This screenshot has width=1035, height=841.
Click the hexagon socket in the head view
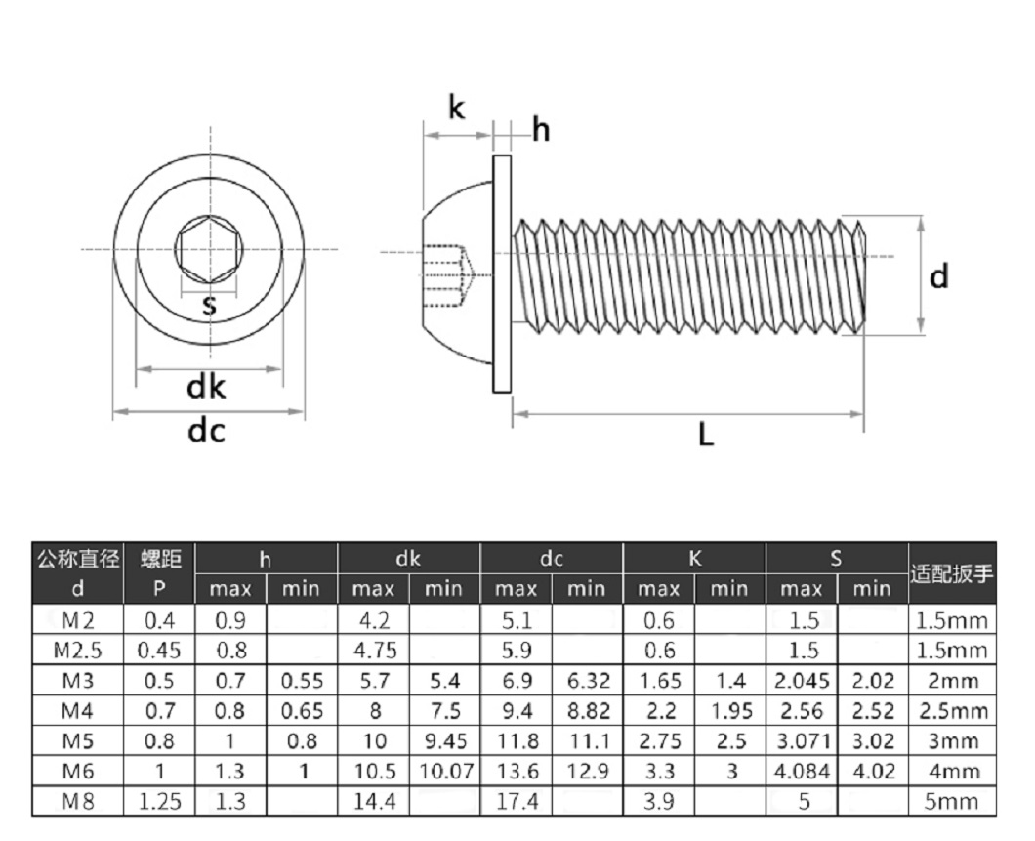click(x=208, y=251)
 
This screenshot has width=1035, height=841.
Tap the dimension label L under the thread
click(x=706, y=435)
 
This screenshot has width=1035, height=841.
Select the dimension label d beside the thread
click(x=938, y=277)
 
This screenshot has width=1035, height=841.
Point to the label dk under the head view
click(x=206, y=388)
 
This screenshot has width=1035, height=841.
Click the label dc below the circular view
click(x=206, y=430)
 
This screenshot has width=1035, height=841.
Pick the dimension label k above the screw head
click(x=456, y=107)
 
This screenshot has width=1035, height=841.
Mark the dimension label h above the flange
click(x=541, y=129)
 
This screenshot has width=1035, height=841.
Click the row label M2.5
click(x=79, y=650)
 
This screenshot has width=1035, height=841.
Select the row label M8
click(x=79, y=802)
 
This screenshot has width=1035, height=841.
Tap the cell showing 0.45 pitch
click(x=159, y=650)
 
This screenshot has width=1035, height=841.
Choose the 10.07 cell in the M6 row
click(x=445, y=772)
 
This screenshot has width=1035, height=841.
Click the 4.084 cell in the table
click(x=802, y=772)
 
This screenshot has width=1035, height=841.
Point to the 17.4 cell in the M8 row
click(x=517, y=802)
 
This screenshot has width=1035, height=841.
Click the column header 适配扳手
click(x=952, y=573)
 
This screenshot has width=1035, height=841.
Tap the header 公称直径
click(x=79, y=560)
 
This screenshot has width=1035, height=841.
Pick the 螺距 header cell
click(x=160, y=560)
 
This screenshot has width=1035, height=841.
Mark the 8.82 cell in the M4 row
click(x=588, y=710)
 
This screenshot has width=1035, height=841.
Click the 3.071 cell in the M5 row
click(x=802, y=741)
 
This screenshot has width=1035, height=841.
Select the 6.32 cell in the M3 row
click(x=588, y=680)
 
